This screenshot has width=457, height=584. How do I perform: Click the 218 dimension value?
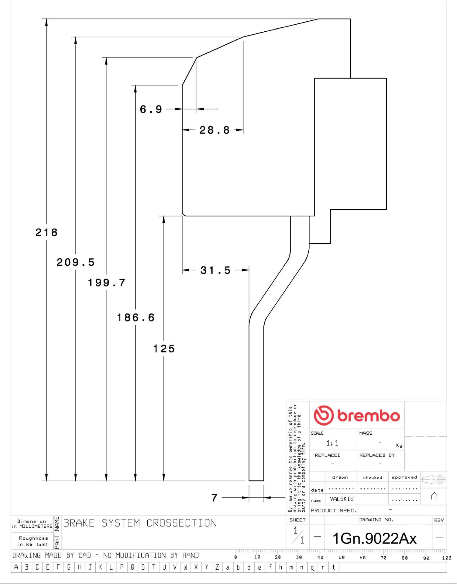46,232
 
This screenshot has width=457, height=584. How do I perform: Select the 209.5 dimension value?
76,262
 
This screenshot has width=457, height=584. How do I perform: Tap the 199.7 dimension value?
106,283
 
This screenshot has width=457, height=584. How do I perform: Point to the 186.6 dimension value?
136,318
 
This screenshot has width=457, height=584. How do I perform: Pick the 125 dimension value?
164,349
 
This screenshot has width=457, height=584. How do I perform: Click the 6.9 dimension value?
151,109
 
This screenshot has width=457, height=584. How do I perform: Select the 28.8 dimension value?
214,130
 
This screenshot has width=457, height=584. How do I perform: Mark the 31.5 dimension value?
215,270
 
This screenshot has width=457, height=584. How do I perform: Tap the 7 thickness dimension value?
215,498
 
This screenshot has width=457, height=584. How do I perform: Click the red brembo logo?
357,415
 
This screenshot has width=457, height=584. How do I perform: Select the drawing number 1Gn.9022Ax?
374,538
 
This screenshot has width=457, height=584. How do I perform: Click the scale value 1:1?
332,443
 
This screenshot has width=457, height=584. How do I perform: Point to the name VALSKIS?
342,499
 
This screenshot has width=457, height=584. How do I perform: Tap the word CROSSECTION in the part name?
182,523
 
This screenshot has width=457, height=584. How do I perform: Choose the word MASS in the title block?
366,433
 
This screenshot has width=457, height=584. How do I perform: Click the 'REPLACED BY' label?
377,455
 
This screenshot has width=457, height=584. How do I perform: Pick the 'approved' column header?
404,477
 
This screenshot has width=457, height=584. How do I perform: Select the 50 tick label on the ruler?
342,558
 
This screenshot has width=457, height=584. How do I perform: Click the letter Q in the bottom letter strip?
132,567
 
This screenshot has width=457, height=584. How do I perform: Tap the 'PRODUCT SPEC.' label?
333,510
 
